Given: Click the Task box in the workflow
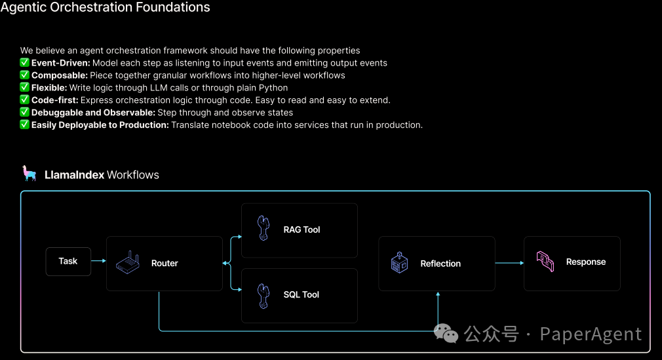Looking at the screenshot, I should [68, 261].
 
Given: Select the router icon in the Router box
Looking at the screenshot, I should [128, 263].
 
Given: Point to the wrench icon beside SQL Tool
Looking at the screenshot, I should [263, 294].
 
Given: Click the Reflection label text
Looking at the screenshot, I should [440, 264].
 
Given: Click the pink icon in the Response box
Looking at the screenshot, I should [545, 262].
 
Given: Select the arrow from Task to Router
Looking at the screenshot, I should [98, 261].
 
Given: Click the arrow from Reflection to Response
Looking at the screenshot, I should [509, 263].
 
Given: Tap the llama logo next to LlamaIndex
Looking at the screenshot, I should [29, 174].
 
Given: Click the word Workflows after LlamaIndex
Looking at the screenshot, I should [133, 175].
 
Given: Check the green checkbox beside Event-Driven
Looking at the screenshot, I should [25, 63].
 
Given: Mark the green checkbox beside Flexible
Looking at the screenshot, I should [25, 87].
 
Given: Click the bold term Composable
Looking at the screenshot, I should [59, 75].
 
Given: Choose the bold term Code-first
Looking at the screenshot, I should [54, 100].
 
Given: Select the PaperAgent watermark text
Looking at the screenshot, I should [591, 334].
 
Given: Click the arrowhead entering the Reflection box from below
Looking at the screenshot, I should [438, 294].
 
